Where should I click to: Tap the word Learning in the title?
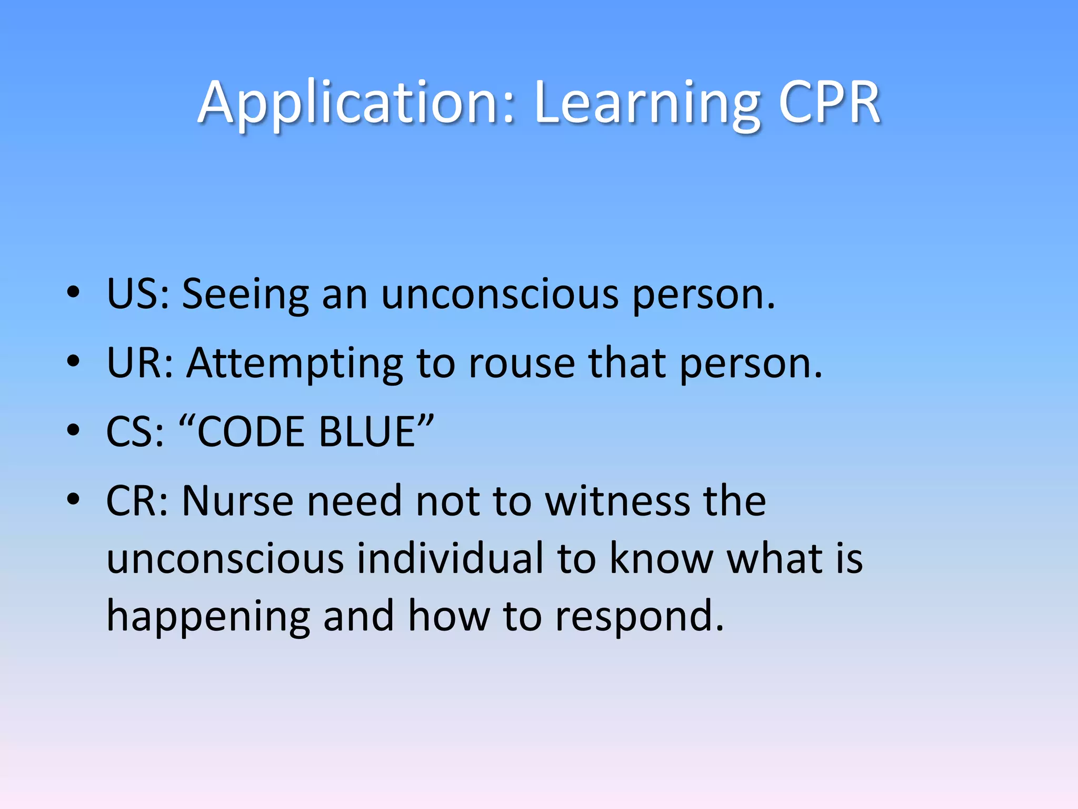click(647, 103)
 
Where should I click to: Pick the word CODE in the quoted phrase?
click(252, 431)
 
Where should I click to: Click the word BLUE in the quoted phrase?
click(368, 431)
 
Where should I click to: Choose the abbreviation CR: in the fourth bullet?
click(137, 500)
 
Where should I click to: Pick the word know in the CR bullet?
click(661, 558)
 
